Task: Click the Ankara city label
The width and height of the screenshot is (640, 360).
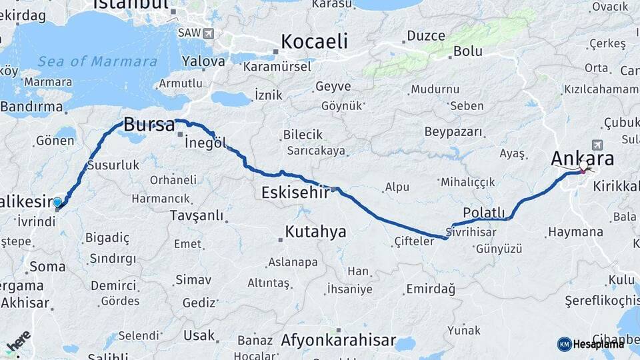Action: (x=583, y=159)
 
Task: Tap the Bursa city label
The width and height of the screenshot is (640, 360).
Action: (x=149, y=125)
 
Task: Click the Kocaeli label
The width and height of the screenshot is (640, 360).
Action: (x=314, y=41)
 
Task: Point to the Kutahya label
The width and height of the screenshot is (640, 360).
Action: (x=315, y=231)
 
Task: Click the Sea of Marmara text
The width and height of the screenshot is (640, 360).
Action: (x=97, y=62)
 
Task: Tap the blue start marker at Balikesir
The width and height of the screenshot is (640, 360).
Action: (x=57, y=203)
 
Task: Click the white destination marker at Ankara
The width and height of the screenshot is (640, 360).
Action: (x=584, y=166)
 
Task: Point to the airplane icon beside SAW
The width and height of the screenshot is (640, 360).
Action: (x=209, y=33)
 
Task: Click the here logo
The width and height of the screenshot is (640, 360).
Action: (x=18, y=341)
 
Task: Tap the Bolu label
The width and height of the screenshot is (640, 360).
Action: (x=467, y=51)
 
